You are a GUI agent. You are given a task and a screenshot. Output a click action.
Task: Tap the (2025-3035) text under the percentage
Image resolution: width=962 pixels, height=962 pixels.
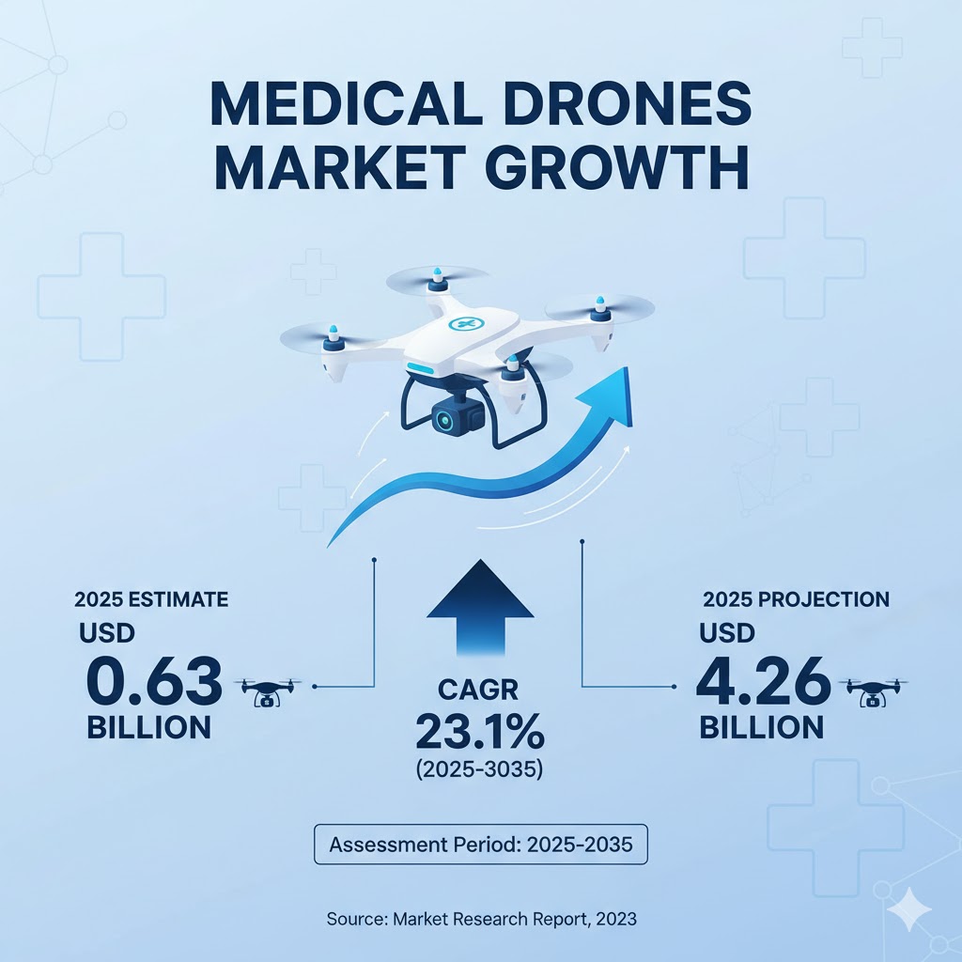[480, 769]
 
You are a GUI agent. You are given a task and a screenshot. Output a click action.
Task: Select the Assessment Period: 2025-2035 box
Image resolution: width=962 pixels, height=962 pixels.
[480, 845]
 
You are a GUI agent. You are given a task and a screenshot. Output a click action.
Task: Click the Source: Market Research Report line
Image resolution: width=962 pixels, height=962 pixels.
[481, 919]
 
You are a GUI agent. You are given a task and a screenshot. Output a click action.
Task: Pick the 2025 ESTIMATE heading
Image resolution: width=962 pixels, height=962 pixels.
[151, 597]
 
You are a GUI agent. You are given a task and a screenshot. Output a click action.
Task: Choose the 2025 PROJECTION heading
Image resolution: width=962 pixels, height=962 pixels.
[796, 599]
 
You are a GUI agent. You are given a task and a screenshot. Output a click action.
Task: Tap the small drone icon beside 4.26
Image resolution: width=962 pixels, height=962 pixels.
[877, 691]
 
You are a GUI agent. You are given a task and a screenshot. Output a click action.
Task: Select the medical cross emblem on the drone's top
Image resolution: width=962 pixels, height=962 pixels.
[462, 324]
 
